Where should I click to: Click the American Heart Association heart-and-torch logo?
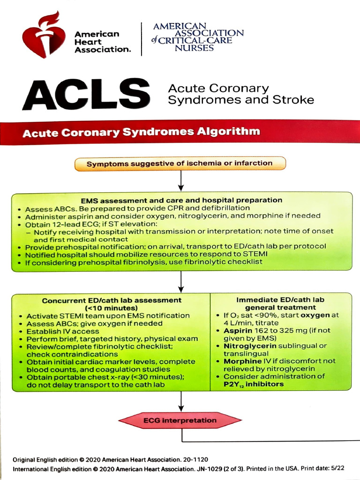coord(44,36)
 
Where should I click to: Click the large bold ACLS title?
coord(87,94)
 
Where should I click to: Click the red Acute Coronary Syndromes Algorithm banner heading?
coord(141,132)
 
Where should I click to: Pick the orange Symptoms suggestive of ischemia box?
coord(180,164)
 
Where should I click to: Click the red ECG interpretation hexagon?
coord(180,420)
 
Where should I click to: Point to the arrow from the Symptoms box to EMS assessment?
coord(180,180)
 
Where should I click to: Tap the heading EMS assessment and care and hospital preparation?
coord(181,200)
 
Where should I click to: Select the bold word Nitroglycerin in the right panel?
coord(248,346)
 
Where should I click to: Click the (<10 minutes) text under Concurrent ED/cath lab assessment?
coord(111,308)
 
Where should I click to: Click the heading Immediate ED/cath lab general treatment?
coord(280,303)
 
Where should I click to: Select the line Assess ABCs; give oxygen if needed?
coord(94,323)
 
